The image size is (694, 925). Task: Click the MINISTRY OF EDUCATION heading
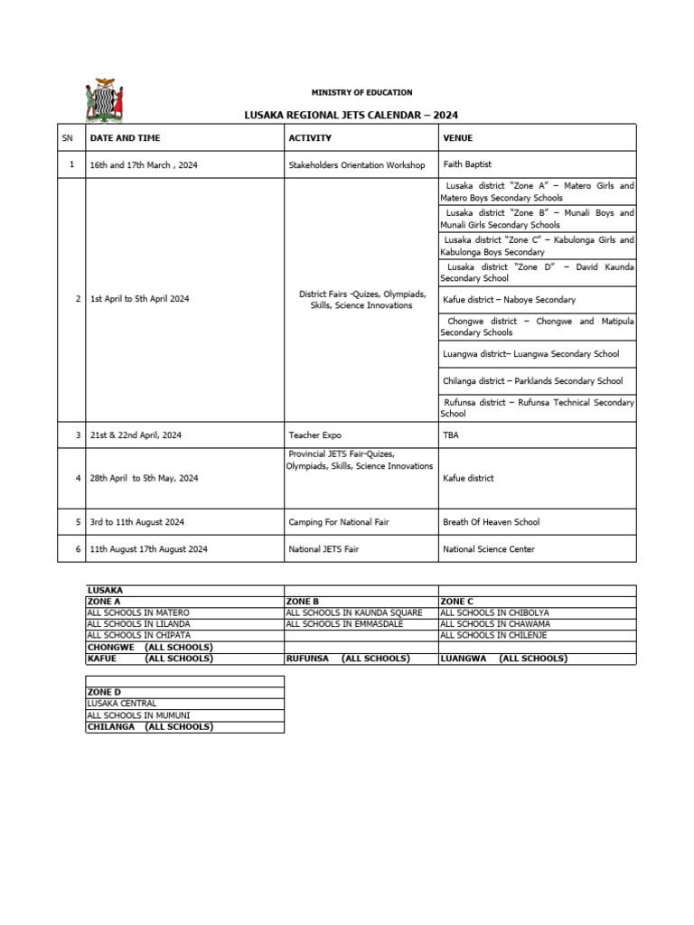[x=361, y=92]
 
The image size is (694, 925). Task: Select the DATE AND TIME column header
[x=125, y=138]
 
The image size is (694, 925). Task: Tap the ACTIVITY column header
[x=310, y=138]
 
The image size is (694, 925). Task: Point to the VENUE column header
[x=458, y=138]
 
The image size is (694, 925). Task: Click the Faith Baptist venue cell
[x=467, y=164]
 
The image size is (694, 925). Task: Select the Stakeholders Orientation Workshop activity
[x=356, y=165]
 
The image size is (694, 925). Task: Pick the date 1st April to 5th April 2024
[x=139, y=299]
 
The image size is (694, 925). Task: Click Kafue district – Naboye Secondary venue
[x=509, y=299]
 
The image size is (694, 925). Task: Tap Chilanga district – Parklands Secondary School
[x=532, y=381]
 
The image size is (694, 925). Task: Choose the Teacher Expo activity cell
[x=314, y=435]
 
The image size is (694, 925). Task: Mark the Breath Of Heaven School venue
[x=491, y=522]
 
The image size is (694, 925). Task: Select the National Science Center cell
[x=488, y=549]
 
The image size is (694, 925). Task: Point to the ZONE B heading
[x=303, y=601]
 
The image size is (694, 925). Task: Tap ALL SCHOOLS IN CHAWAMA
[x=494, y=623]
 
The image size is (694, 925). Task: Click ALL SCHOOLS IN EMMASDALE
[x=344, y=623]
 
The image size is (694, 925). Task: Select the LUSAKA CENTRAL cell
[x=122, y=703]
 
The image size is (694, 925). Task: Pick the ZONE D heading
[x=104, y=692]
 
